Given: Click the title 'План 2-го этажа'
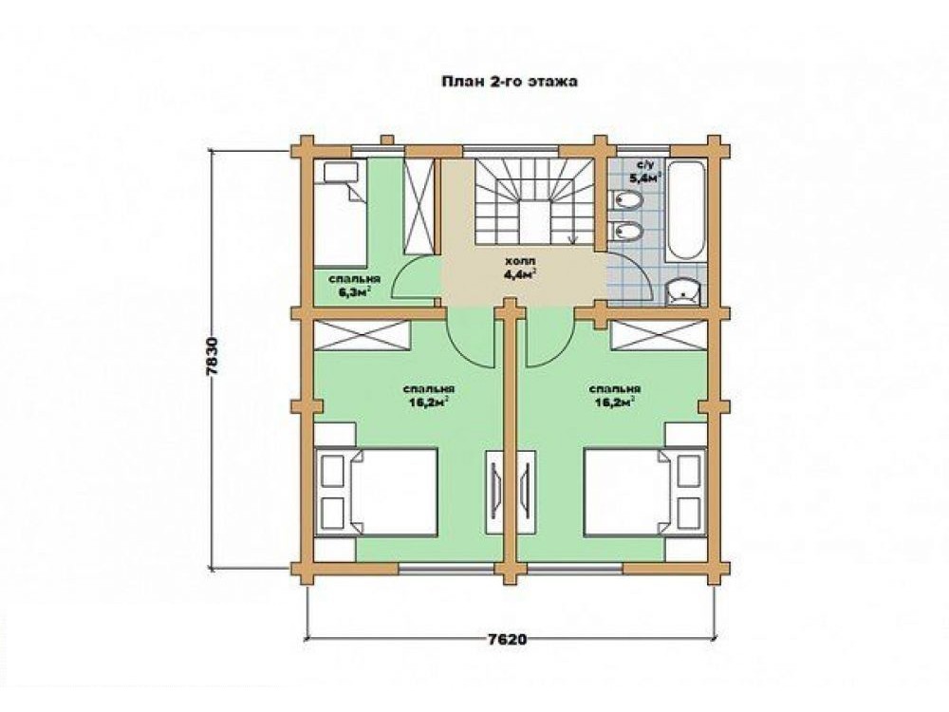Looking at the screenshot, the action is pyautogui.click(x=509, y=82).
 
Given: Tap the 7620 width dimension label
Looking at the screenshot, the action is pyautogui.click(x=506, y=639).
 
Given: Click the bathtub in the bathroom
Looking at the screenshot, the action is pyautogui.click(x=686, y=210).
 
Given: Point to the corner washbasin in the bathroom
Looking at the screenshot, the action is pyautogui.click(x=684, y=291).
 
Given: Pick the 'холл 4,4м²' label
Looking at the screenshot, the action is pyautogui.click(x=520, y=269).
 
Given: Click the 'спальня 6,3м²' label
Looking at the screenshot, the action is pyautogui.click(x=354, y=286).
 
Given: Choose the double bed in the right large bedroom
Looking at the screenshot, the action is pyautogui.click(x=645, y=492).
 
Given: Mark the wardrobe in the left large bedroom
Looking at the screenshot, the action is pyautogui.click(x=362, y=335).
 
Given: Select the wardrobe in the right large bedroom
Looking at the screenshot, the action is pyautogui.click(x=659, y=335).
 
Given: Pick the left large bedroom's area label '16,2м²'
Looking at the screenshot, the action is pyautogui.click(x=429, y=402).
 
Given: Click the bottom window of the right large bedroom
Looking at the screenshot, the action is pyautogui.click(x=575, y=568).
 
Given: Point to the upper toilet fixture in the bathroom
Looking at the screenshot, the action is pyautogui.click(x=624, y=199).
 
